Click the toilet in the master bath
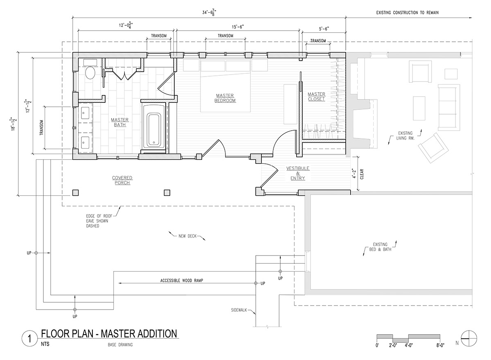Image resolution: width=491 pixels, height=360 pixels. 90,70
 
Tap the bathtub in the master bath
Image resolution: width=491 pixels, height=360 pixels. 154,129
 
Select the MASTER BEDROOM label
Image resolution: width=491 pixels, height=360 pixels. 225,98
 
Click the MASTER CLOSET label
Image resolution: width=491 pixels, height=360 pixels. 316,97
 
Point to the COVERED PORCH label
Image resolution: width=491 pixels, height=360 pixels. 122,180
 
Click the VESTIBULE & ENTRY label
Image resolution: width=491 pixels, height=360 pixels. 298,173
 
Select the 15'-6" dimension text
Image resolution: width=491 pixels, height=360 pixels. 238,27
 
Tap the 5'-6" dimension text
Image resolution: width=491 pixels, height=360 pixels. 324,29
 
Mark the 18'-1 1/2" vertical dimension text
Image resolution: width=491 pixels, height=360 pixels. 14,124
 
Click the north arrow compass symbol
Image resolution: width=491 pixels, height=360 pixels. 469,339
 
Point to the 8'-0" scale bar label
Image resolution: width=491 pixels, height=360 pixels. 440,345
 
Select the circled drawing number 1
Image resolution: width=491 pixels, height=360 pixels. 29,339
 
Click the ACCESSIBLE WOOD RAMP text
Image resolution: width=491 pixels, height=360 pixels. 182,281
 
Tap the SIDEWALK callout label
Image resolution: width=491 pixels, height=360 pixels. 239,310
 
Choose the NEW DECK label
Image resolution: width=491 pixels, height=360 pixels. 187,236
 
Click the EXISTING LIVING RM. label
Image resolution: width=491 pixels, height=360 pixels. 405,136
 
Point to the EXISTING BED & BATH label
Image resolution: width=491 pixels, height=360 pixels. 380,247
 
